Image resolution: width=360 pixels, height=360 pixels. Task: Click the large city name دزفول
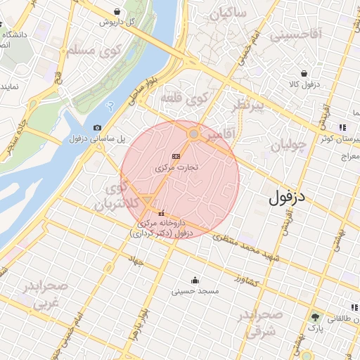(x=288, y=197)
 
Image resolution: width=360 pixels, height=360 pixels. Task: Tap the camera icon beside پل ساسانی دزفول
(x=97, y=127)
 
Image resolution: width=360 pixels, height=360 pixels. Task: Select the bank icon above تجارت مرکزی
(x=176, y=156)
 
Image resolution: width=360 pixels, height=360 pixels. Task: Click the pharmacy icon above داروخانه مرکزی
(x=162, y=213)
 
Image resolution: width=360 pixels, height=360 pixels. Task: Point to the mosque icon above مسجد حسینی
(x=195, y=280)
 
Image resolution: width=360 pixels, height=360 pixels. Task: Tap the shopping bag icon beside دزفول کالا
(x=304, y=72)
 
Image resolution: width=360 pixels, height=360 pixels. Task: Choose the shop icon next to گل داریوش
(x=116, y=12)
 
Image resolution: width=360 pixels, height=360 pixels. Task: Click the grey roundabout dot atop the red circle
(x=193, y=133)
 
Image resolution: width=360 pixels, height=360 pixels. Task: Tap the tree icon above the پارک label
(x=315, y=318)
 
